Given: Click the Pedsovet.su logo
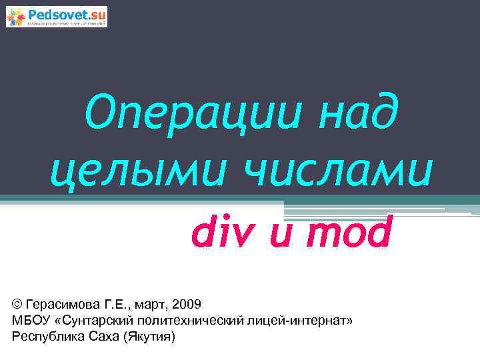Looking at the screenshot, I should (57, 16).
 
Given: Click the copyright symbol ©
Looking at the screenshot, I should (17, 305).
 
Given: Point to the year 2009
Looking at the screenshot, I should (186, 305).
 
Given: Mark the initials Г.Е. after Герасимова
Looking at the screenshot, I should (113, 305).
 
